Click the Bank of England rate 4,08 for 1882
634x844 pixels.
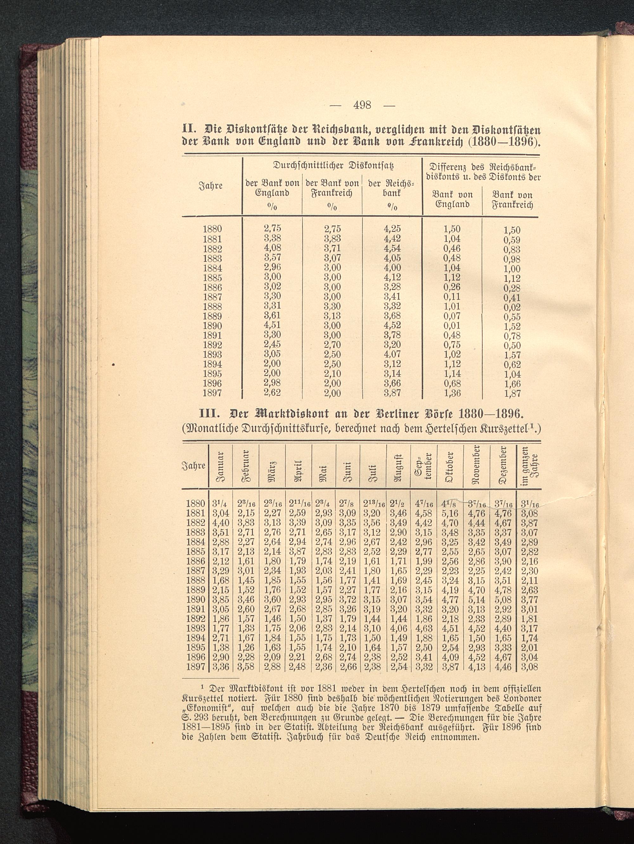pos(272,248)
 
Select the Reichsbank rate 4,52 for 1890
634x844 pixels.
pos(393,326)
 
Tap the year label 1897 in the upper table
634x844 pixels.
pos(212,393)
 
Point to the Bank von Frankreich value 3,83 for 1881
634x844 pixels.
pos(332,239)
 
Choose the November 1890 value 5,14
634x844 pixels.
pos(476,599)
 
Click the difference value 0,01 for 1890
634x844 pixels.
pos(452,326)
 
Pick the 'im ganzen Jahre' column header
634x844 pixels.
pos(529,466)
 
